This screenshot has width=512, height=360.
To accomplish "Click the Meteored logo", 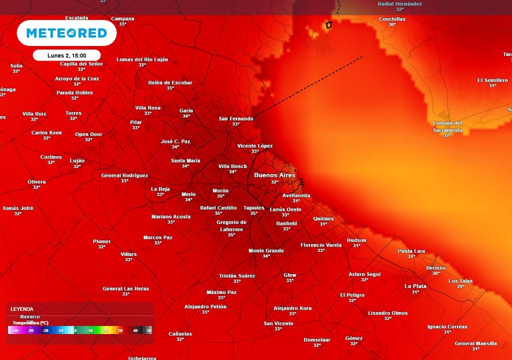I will click(66, 33).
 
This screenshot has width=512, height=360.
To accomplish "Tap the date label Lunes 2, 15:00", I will click(66, 55).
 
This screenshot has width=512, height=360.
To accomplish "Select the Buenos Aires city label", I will click(274, 175).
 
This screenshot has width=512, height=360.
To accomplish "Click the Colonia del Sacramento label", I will click(447, 126).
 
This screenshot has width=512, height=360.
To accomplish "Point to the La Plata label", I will click(415, 286).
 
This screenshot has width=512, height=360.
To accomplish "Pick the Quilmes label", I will click(323, 218).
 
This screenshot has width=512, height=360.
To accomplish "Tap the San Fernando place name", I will click(236, 118).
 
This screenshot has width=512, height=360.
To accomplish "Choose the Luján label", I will click(77, 160).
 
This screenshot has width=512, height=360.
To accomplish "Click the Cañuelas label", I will click(180, 333).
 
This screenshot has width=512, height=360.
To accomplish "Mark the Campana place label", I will click(122, 18).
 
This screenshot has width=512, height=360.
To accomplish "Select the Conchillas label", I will click(392, 19).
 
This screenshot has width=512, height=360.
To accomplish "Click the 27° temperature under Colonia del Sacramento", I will click(447, 135).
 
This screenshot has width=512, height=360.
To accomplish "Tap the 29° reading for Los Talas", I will click(460, 286).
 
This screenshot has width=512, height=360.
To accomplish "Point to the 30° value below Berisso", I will click(435, 273).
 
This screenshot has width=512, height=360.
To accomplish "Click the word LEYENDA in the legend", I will click(22, 309).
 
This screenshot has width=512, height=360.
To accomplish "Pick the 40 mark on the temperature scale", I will click(135, 330).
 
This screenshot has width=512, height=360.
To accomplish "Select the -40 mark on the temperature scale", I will click(15, 330).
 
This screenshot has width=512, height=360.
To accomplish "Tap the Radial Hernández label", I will click(399, 4).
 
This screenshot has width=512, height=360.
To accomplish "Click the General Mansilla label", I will click(475, 343).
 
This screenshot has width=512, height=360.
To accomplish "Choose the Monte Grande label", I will click(266, 250).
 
